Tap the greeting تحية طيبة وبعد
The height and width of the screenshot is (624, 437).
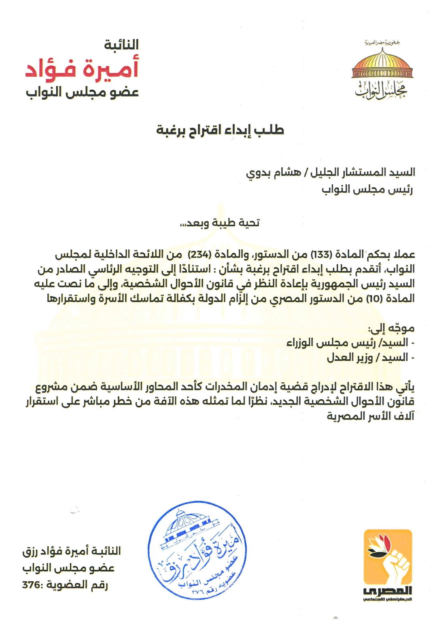[x=220, y=223]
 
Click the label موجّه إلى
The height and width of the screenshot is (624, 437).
[x=391, y=328]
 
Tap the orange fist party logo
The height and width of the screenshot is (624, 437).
[x=388, y=556]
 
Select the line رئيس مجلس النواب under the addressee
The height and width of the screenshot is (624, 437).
[x=367, y=190]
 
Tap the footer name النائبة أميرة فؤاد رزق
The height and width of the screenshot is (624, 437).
[x=72, y=551]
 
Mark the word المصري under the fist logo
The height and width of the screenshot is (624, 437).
[x=388, y=591]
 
